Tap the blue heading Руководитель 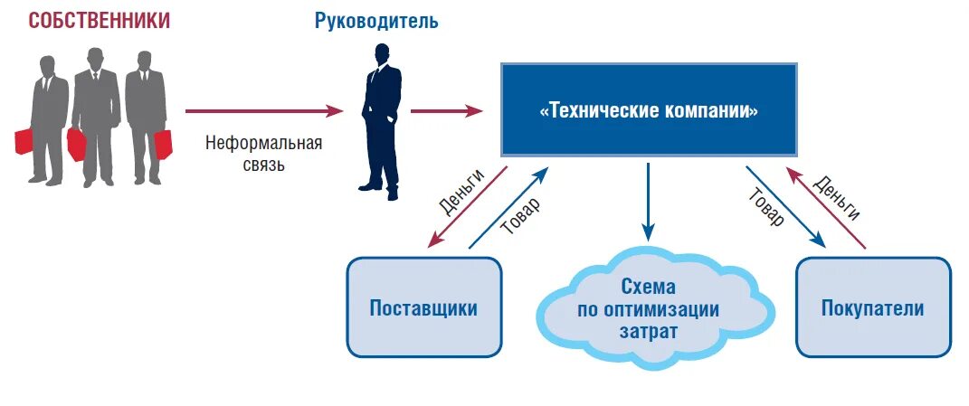[376, 21]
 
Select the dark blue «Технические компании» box [649, 110]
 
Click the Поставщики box [423, 307]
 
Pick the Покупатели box [872, 307]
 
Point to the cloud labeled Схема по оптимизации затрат [648, 308]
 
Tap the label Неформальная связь [263, 154]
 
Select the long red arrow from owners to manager [263, 111]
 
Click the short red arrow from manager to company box [446, 111]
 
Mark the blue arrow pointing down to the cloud [648, 203]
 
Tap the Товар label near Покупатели [765, 207]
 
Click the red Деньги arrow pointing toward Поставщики [467, 207]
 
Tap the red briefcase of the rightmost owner [163, 145]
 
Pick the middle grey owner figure [95, 113]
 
